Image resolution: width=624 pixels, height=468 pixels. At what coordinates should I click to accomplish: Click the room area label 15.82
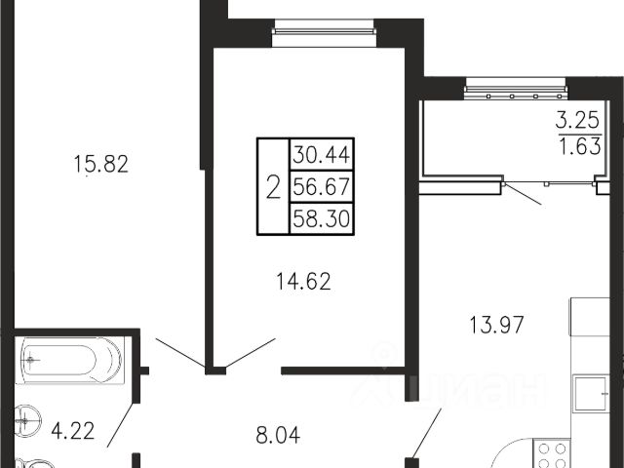coord(101,164)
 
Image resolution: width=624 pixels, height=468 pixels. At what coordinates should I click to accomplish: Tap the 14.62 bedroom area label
coord(303,282)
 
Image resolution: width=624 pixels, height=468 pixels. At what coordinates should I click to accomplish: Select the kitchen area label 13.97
coord(496,325)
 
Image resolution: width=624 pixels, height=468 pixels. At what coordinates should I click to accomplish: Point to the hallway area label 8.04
coord(278,435)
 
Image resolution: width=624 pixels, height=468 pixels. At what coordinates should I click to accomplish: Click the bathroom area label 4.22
coord(73,431)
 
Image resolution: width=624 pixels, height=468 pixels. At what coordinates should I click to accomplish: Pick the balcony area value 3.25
coord(577,120)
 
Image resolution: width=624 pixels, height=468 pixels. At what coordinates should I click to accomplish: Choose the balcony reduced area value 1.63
coord(580,145)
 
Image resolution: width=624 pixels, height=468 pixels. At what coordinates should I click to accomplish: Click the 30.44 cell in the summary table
coord(322,154)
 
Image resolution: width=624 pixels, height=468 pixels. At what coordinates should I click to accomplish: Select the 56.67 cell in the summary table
coord(322,186)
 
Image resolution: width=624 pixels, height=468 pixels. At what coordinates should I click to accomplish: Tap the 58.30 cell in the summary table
coord(322,218)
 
